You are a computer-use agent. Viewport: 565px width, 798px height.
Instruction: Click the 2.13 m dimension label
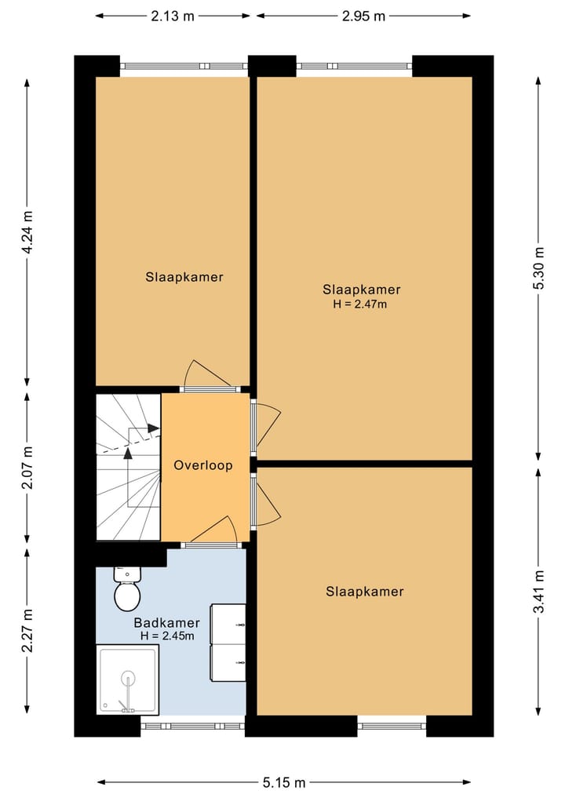click(x=173, y=16)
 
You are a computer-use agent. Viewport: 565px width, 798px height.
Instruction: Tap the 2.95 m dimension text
click(x=363, y=16)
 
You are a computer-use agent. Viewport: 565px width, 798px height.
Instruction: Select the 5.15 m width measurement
click(x=284, y=782)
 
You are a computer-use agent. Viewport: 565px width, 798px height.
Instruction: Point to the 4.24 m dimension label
click(x=27, y=232)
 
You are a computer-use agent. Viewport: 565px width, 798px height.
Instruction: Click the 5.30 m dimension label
click(x=538, y=268)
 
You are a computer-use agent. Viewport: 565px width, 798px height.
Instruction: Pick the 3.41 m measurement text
click(x=538, y=592)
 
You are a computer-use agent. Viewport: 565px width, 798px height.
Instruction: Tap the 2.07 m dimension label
click(x=27, y=468)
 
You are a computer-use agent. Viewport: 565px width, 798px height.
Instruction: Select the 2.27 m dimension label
click(x=27, y=630)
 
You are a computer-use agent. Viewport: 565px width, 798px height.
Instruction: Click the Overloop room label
click(x=203, y=465)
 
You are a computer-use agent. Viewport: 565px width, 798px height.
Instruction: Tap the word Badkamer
click(x=167, y=622)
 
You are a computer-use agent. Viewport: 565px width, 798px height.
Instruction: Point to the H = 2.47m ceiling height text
click(x=360, y=304)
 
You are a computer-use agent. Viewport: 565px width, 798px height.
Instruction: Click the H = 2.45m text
click(x=167, y=636)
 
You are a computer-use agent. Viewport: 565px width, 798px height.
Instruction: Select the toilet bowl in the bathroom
click(x=127, y=596)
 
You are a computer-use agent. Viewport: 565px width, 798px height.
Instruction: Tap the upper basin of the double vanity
click(x=228, y=625)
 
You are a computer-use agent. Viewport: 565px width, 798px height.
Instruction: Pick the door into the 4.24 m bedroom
click(x=209, y=377)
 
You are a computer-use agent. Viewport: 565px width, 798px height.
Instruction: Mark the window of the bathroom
click(x=193, y=726)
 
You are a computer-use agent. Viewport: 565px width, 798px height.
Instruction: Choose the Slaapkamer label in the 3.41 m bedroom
click(x=365, y=592)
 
